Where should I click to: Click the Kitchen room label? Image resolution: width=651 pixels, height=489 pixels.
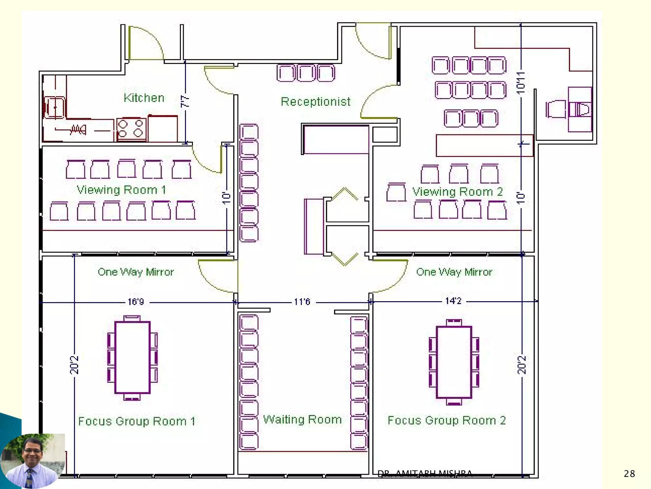pos(144,98)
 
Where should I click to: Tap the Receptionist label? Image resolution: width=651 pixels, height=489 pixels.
pos(316,102)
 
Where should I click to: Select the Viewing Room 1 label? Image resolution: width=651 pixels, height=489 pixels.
pos(121,190)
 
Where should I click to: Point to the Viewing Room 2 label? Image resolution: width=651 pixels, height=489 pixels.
pos(458,192)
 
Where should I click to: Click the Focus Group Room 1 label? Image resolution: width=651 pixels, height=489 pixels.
pos(137,421)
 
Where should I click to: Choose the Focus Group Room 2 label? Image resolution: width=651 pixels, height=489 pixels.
pos(447,420)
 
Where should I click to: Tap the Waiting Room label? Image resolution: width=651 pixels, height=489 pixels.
pos(302,419)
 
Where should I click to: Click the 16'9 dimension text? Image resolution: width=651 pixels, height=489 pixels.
pos(136,301)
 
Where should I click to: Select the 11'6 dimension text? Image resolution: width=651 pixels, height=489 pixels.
pos(302,301)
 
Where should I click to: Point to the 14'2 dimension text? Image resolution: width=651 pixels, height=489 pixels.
pos(453,301)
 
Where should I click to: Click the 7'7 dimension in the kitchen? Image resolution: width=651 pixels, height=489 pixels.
pos(185,101)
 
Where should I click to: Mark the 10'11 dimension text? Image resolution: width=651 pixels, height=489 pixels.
pos(520,83)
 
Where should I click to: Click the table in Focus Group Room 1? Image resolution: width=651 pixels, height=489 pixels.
pos(132,358)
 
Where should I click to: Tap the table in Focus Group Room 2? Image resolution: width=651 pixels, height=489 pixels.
pos(454,362)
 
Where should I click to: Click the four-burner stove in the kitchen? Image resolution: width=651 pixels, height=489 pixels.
pos(131,129)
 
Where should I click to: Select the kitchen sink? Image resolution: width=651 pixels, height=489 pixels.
pos(54,107)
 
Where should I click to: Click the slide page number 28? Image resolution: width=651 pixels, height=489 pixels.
pos(629,474)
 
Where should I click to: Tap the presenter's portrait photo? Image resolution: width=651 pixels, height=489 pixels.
pos(32,461)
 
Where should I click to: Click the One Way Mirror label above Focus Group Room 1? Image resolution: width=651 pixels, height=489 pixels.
pos(136,272)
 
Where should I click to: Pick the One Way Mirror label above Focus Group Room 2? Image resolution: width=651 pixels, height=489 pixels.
pos(454,272)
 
